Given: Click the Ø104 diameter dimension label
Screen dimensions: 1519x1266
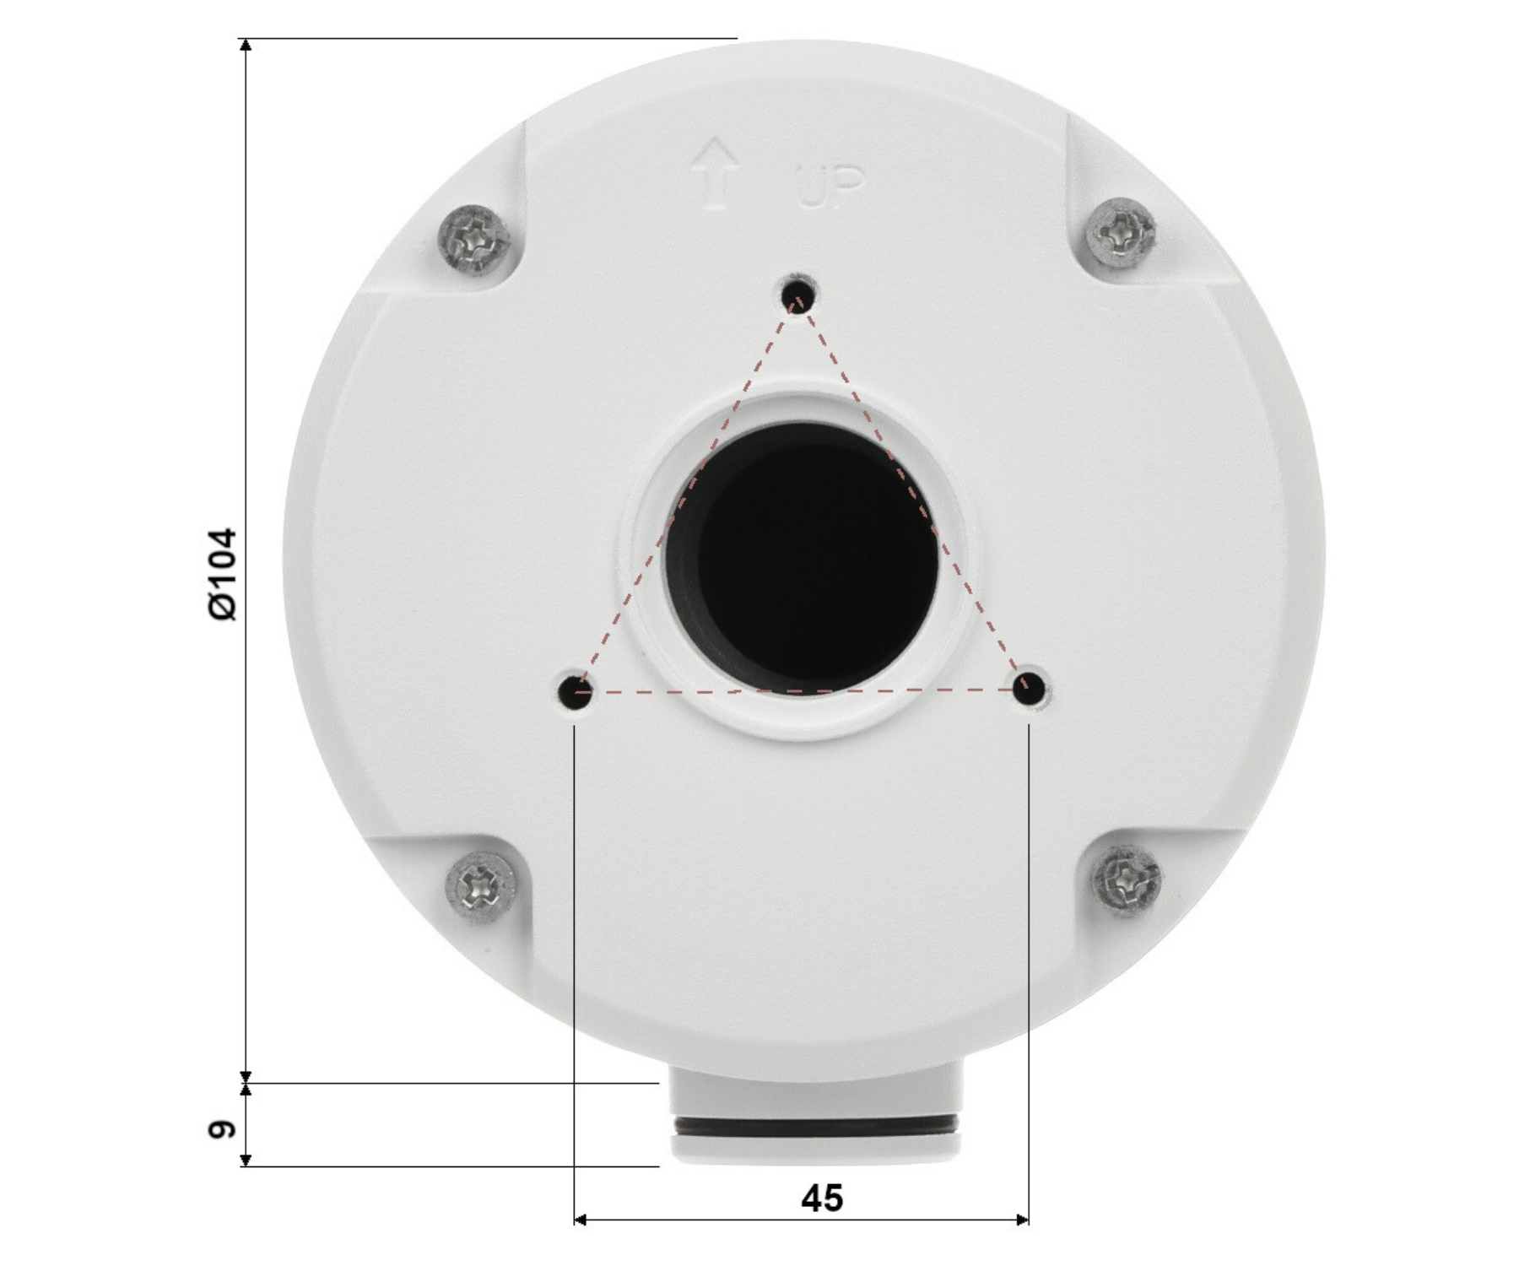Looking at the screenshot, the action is pyautogui.click(x=224, y=575).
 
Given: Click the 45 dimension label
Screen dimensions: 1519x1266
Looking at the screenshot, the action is pyautogui.click(x=822, y=1198).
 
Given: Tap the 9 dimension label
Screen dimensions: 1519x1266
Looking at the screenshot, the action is pyautogui.click(x=223, y=1128).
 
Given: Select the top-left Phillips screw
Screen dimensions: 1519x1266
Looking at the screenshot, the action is pyautogui.click(x=475, y=239).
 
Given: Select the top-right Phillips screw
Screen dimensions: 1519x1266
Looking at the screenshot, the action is pyautogui.click(x=1121, y=234).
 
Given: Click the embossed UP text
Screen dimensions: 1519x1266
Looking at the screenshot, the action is pyautogui.click(x=830, y=187).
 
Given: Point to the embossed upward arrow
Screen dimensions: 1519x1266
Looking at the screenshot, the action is pyautogui.click(x=715, y=173).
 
